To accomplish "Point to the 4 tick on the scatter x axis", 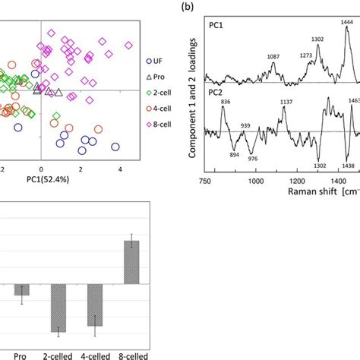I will pyautogui.click(x=121, y=172).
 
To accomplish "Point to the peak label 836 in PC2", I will pyautogui.click(x=224, y=101).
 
